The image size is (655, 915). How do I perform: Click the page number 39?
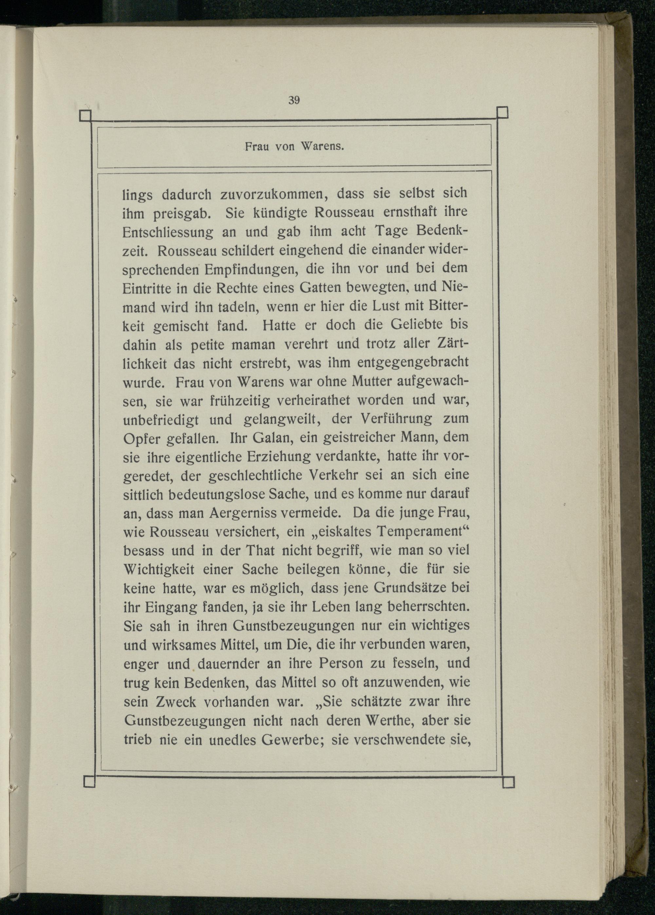[294, 101]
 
